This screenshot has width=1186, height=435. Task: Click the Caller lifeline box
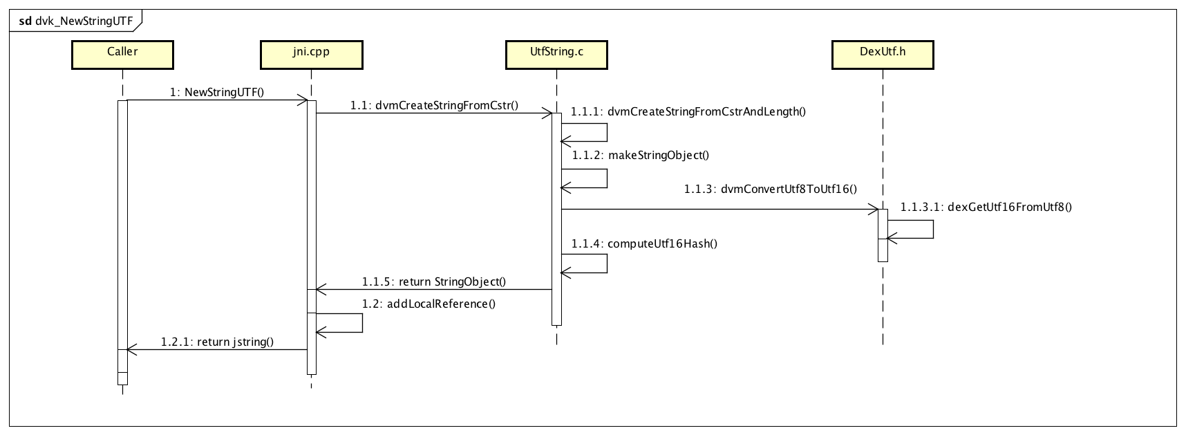coord(122,55)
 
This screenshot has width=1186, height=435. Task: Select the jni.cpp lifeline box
coord(311,55)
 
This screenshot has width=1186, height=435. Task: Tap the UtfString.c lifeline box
coord(556,55)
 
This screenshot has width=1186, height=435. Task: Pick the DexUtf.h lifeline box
coord(883,55)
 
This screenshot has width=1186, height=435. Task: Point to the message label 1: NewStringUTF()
coord(217,92)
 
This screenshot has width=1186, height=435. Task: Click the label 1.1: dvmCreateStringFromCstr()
coord(434,106)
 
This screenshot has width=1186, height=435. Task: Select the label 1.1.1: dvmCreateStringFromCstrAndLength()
coord(688,111)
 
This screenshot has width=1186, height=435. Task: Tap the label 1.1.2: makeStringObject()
coord(640,155)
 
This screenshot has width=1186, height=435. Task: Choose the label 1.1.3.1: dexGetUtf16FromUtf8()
coord(986,206)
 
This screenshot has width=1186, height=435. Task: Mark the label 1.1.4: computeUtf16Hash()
coord(644,243)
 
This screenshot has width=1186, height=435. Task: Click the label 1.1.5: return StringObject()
coord(434,281)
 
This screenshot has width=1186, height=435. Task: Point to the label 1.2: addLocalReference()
coord(429,303)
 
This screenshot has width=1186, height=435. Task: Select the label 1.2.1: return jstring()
coord(217,342)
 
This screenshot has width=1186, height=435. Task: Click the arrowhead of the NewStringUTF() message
coord(303,100)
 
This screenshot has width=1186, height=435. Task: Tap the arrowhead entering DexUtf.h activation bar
coord(874,208)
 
